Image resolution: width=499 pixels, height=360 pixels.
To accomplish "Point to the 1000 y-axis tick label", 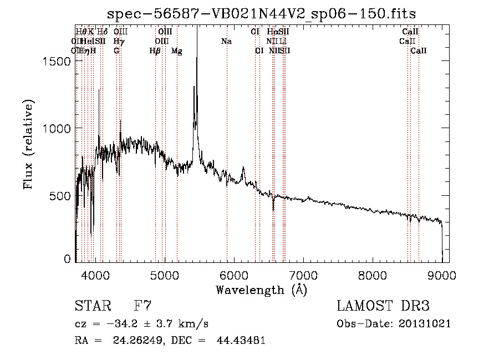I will (58, 128).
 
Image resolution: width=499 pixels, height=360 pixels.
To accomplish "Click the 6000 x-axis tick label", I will (234, 275).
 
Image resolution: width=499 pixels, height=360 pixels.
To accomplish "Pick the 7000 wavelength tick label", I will (303, 275).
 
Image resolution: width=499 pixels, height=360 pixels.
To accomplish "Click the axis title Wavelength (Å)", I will (261, 290).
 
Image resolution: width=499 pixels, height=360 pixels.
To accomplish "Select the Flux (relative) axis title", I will (28, 144).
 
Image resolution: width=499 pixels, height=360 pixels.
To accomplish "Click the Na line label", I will (226, 41).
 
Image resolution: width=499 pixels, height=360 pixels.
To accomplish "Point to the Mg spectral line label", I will (176, 51).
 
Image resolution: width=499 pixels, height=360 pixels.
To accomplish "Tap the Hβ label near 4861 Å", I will (155, 51).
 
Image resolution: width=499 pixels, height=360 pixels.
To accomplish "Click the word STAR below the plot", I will (91, 306).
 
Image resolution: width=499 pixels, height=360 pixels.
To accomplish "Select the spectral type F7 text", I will (142, 306).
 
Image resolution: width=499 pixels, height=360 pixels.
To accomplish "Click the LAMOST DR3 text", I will (383, 306).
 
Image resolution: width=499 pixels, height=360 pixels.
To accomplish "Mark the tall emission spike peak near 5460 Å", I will (197, 28).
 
